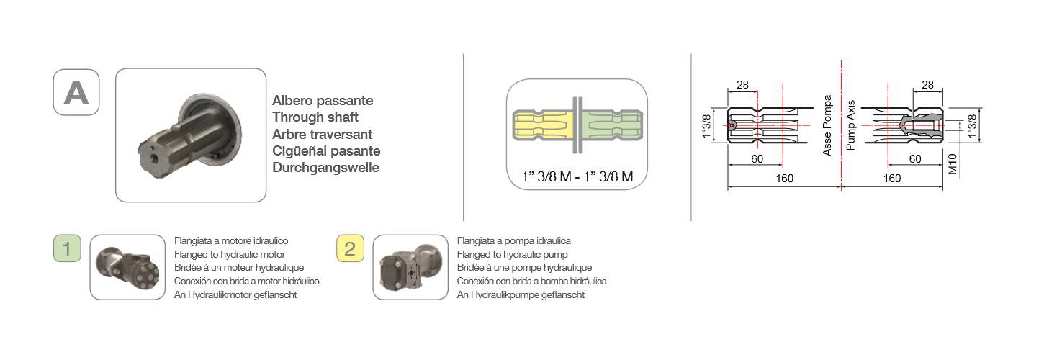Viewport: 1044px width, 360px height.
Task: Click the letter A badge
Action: (76, 92)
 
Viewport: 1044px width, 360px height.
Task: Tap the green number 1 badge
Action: (67, 248)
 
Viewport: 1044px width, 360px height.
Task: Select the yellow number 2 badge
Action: (350, 248)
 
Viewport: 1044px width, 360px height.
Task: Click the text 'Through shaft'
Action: (315, 117)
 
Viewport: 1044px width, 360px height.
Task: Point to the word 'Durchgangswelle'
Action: (325, 168)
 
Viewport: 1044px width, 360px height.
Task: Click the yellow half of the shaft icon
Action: (543, 125)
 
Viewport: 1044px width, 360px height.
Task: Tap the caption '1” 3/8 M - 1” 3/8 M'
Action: (577, 176)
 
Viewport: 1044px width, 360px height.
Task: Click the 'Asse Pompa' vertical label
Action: (827, 125)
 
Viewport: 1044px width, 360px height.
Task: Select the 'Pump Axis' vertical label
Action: (850, 125)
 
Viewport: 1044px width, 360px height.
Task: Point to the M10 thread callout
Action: (953, 164)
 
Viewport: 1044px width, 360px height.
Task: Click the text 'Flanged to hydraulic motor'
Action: (229, 255)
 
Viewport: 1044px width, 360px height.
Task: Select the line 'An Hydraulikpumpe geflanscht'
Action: (521, 294)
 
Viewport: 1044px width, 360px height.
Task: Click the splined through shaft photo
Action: (190, 135)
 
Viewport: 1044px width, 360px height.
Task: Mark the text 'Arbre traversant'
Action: (322, 135)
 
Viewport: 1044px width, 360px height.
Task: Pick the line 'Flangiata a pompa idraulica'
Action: (513, 241)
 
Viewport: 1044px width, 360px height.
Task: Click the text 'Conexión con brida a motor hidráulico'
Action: (246, 282)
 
